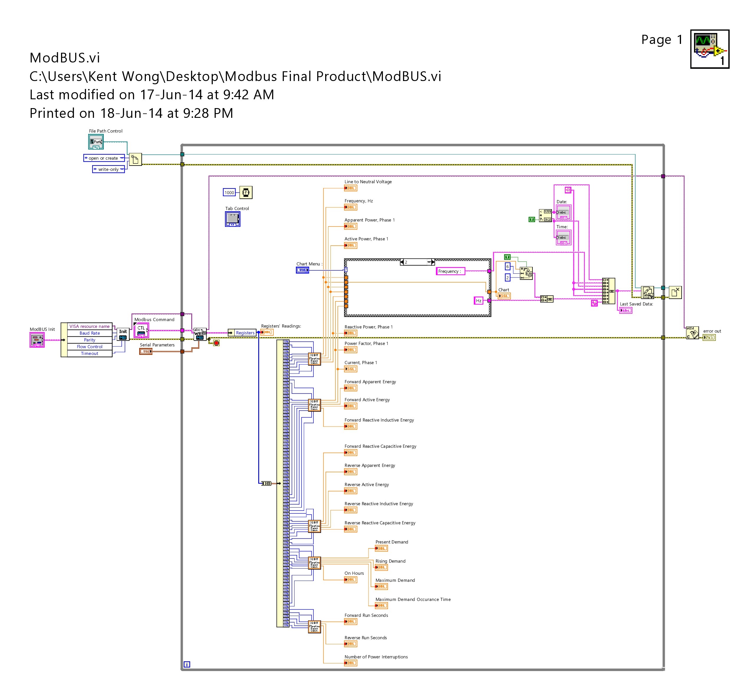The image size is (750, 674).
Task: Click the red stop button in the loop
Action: click(x=216, y=343)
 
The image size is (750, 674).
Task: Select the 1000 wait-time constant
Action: click(x=229, y=193)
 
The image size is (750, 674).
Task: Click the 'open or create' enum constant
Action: click(x=104, y=158)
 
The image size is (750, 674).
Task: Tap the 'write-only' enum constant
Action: click(x=108, y=169)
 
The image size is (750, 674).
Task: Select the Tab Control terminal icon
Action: click(x=232, y=219)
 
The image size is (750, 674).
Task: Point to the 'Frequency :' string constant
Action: click(x=450, y=271)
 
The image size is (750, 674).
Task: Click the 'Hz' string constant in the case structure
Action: click(x=478, y=301)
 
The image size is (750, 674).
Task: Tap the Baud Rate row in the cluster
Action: click(x=89, y=333)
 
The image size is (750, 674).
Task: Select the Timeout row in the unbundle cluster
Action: click(x=89, y=353)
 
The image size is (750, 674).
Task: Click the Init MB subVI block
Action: click(x=123, y=334)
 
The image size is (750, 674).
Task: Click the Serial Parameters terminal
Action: click(x=146, y=351)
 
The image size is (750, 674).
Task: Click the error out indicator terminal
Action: click(x=709, y=337)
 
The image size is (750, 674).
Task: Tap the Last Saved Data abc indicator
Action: click(x=626, y=310)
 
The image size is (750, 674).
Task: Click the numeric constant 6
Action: click(x=507, y=267)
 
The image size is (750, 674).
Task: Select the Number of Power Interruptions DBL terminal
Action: click(x=351, y=663)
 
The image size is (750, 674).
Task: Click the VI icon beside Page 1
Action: click(x=710, y=49)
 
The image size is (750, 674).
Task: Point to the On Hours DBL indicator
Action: click(x=351, y=579)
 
